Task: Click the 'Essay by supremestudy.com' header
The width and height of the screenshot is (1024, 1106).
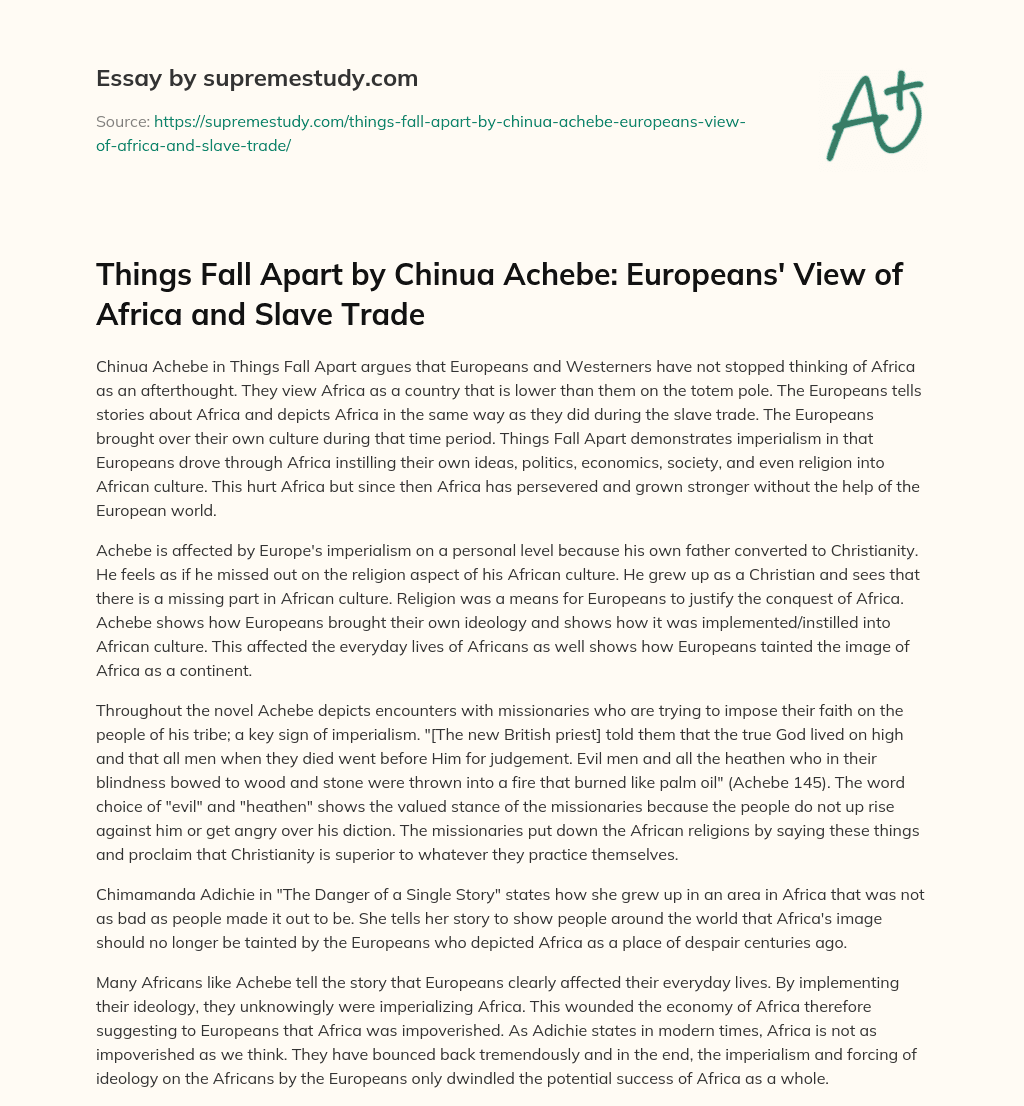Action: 257,78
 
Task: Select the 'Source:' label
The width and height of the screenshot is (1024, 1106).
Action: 121,122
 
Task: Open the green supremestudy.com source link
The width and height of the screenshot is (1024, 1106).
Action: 420,133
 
